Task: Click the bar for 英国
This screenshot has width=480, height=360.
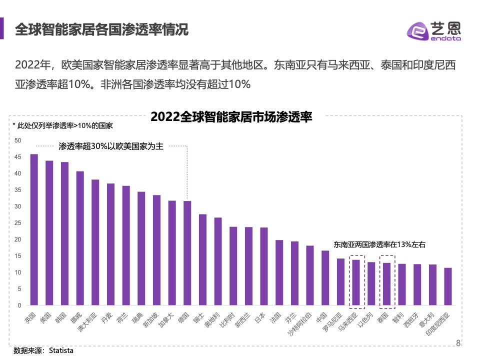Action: (34, 229)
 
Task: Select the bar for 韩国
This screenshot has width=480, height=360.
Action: (64, 233)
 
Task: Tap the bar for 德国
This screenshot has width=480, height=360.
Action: (187, 253)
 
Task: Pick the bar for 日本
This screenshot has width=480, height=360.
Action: (263, 266)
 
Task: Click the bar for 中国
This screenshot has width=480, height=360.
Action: (325, 277)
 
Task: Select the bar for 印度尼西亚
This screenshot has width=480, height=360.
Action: (447, 286)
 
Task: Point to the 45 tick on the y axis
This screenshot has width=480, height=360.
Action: (18, 157)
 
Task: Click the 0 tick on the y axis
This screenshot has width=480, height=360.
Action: (19, 305)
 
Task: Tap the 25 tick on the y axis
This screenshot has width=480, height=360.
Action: (18, 223)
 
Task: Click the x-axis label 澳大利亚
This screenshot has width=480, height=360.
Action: (87, 322)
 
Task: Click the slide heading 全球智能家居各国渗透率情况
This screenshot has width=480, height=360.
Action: (101, 29)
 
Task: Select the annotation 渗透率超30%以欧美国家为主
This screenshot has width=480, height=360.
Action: (110, 146)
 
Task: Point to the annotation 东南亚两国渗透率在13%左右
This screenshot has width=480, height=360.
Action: (379, 245)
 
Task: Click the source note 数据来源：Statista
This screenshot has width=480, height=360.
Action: (43, 350)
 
